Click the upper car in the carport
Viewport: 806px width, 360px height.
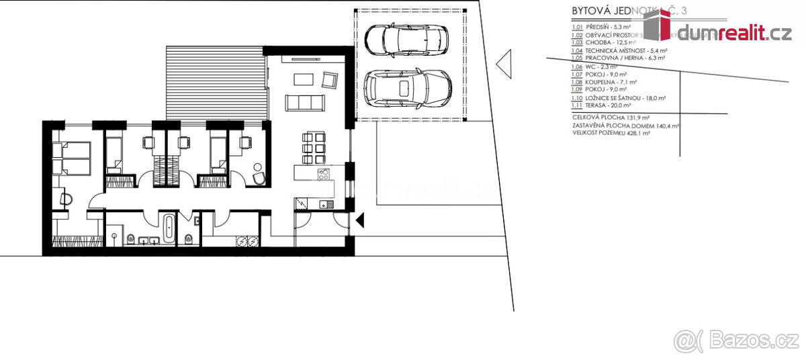(406, 41)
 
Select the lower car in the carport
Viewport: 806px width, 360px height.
(407, 89)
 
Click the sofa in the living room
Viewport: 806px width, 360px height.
(306, 103)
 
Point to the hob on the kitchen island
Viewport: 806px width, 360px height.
(323, 175)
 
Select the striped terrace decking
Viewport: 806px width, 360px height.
(216, 83)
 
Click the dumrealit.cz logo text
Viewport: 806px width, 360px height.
(733, 33)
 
